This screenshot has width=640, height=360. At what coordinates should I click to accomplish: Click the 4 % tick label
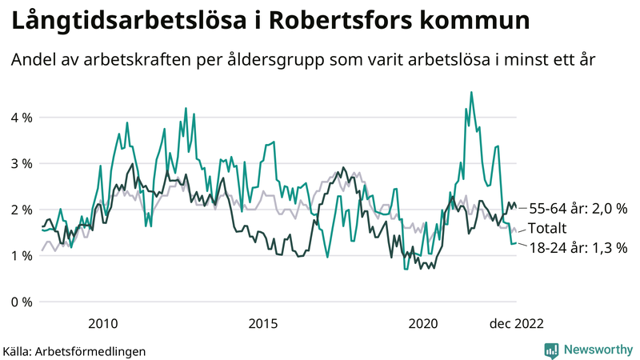[20, 118]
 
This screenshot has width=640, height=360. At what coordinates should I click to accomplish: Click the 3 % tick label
[20, 163]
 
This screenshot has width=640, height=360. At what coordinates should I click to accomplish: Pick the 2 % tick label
[20, 210]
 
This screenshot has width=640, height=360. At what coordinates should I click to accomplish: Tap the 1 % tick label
[20, 256]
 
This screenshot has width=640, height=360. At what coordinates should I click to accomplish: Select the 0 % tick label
[20, 302]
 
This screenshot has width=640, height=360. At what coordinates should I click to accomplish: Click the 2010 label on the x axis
[103, 324]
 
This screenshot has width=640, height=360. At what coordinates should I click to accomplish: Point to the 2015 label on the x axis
[263, 324]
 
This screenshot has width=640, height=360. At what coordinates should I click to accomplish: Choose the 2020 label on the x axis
[423, 324]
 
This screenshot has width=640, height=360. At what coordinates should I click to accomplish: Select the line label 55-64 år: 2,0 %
[577, 208]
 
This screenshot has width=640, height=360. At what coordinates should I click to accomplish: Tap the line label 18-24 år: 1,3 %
[577, 248]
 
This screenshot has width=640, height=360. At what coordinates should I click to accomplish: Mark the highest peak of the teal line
[471, 93]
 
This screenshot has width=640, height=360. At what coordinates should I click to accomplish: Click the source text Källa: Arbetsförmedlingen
[75, 350]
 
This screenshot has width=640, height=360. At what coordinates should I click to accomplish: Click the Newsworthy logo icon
[551, 350]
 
